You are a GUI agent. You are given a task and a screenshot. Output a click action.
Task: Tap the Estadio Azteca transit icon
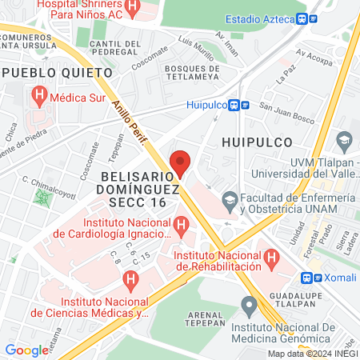pyautogui.click(x=301, y=19)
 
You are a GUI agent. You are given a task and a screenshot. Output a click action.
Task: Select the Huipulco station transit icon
pyautogui.click(x=234, y=104)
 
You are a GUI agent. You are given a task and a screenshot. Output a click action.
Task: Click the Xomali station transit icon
pyautogui.click(x=307, y=278)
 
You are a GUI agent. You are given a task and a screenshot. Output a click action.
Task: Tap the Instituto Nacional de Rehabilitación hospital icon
pyautogui.click(x=273, y=259)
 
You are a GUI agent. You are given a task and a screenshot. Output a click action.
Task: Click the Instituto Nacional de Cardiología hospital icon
pyautogui.click(x=182, y=227)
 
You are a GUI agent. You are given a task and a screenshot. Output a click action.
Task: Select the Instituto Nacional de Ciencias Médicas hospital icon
pyautogui.click(x=130, y=279)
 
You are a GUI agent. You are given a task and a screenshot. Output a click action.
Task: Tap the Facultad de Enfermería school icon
pyautogui.click(x=230, y=198)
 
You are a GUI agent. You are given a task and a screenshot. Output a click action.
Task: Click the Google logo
pyautogui.click(x=26, y=350)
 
